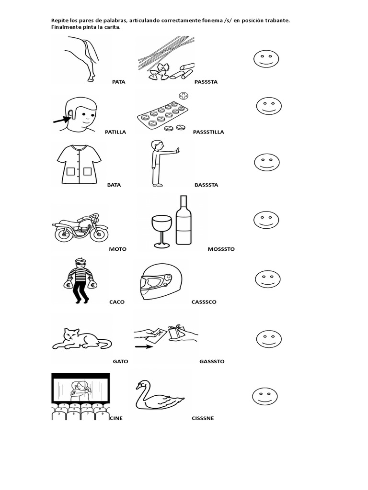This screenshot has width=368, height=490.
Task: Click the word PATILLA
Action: (x=115, y=132)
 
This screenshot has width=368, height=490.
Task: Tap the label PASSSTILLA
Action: (x=208, y=132)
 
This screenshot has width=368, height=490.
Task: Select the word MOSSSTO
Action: (x=221, y=249)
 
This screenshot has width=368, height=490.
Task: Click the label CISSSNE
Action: (x=203, y=418)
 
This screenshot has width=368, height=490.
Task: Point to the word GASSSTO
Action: (x=212, y=362)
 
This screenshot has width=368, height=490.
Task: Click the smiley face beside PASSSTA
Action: (x=266, y=59)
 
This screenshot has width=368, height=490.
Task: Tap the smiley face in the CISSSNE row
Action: (x=265, y=397)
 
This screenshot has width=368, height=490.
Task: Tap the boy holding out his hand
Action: (x=159, y=162)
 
